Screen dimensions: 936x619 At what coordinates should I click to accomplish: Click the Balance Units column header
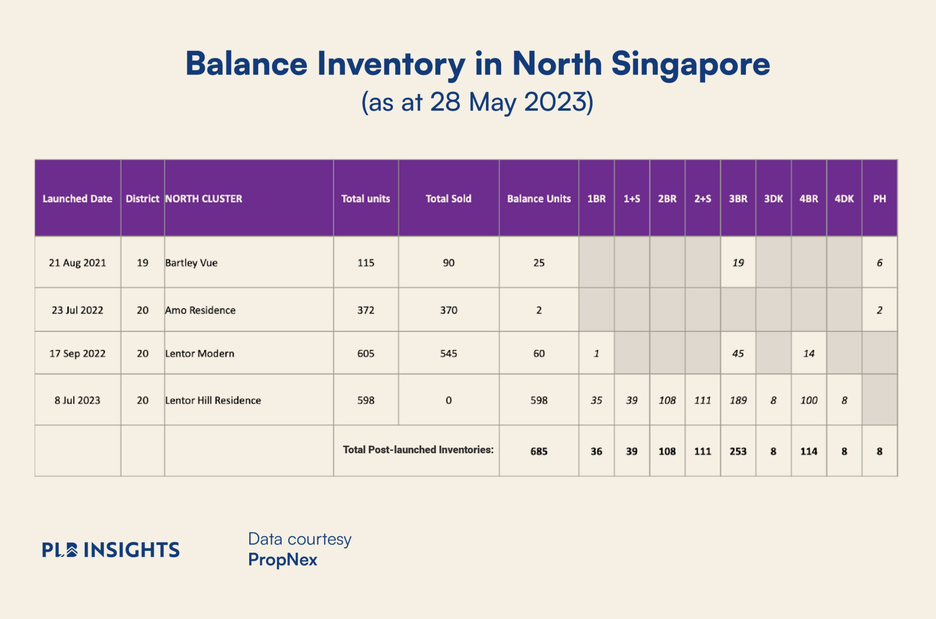[538, 198]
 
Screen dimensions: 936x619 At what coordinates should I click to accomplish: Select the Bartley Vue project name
[191, 262]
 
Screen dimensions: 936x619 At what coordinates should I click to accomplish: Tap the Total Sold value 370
[448, 310]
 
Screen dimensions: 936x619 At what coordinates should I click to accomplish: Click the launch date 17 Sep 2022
[77, 353]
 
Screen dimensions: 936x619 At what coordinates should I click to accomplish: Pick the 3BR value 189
[738, 400]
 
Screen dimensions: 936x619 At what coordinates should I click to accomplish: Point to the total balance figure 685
[538, 451]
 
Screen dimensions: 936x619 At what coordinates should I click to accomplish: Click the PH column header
[879, 198]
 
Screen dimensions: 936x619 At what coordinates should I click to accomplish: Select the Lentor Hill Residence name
[213, 400]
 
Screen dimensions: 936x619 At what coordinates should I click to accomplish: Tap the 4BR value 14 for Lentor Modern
[809, 353]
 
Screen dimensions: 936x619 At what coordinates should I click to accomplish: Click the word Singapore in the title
[690, 64]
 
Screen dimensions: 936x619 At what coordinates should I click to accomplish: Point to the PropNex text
[282, 560]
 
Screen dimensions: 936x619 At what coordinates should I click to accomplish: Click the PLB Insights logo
[110, 549]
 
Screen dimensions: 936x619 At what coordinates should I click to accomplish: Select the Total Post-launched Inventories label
[418, 450]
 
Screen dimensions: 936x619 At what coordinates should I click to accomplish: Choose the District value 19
[142, 262]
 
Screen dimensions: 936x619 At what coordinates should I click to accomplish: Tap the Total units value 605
[366, 353]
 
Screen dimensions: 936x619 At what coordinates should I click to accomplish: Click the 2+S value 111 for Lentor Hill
[703, 400]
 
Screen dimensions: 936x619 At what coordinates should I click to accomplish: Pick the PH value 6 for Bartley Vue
[879, 262]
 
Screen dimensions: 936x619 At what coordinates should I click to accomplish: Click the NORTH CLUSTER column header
[203, 198]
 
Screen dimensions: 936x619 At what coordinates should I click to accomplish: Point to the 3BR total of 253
[738, 451]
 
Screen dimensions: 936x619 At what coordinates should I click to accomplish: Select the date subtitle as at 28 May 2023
[477, 102]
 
